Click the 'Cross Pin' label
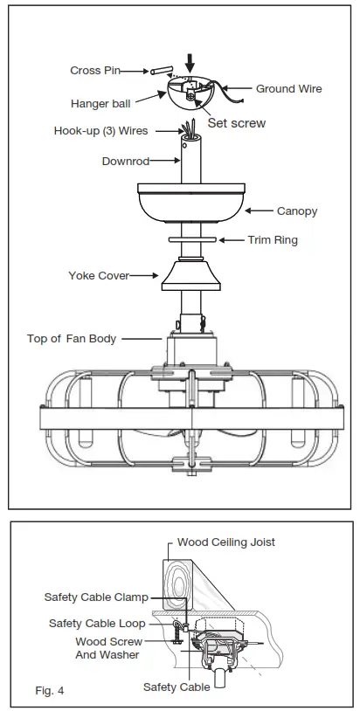pos(96,70)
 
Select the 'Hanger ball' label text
pos(101,103)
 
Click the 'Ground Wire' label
pos(288,88)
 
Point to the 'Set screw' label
pos(236,123)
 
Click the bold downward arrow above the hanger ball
pos(191,62)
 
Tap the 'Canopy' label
pos(296,211)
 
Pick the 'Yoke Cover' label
pos(99,275)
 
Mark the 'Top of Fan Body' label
pos(72,339)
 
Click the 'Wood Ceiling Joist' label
pos(225,542)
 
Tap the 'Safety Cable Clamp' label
pos(96,597)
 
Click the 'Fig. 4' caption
pos(50,690)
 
